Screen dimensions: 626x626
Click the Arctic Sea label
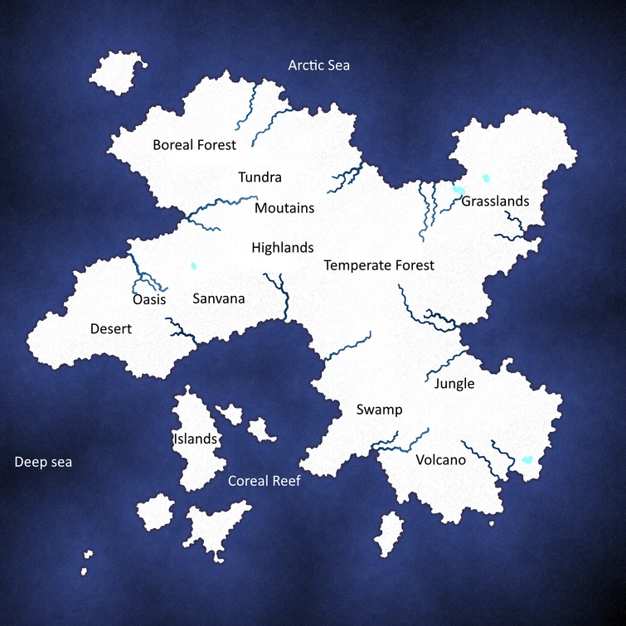point(319,66)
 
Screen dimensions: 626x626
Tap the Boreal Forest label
point(194,145)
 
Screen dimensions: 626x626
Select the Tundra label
point(260,177)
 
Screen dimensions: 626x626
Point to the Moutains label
point(284,208)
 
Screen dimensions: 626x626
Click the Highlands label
point(282,248)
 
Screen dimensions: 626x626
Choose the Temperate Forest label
point(379,266)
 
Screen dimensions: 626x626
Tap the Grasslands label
point(495,201)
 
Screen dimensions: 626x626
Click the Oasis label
point(149,299)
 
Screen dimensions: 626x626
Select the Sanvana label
point(218,299)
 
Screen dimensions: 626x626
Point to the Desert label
point(111,329)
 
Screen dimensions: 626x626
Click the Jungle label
point(454,384)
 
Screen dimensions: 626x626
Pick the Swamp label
point(379,410)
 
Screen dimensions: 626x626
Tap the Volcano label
point(441,460)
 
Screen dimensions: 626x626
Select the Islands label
point(195,439)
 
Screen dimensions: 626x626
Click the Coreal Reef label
point(264,481)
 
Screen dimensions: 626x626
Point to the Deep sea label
point(43,463)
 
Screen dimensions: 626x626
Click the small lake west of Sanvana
point(193,266)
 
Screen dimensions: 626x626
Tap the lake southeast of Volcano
point(526,459)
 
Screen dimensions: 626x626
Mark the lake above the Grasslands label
point(486,177)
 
